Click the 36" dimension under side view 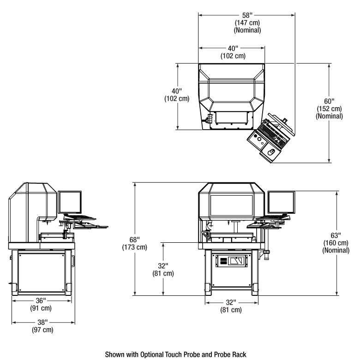[41, 300]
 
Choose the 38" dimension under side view [41, 323]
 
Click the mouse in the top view [271, 152]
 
